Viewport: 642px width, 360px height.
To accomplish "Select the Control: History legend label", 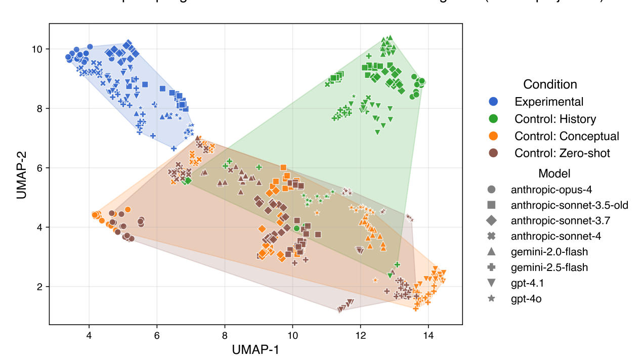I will [555, 119].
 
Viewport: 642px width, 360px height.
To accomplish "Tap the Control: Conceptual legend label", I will [567, 136].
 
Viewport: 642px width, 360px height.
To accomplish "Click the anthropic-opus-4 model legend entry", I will [551, 190].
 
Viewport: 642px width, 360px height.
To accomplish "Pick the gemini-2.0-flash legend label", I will [549, 252].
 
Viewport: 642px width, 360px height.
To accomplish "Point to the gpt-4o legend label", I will [526, 299].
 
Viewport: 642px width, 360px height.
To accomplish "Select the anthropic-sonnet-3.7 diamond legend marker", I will [491, 221].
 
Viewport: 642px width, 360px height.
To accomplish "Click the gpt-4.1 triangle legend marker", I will [491, 283].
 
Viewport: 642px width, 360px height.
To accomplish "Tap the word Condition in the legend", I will [550, 84].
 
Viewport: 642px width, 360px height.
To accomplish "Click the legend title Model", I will [550, 173].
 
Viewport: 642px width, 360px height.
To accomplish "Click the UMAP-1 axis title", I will [255, 349].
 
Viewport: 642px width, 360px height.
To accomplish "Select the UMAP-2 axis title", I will [21, 173].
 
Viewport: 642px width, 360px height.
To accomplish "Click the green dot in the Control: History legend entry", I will [494, 119].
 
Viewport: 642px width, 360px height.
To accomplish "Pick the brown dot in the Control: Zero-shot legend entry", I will [494, 153].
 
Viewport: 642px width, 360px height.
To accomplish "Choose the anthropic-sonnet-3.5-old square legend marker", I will [491, 205].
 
